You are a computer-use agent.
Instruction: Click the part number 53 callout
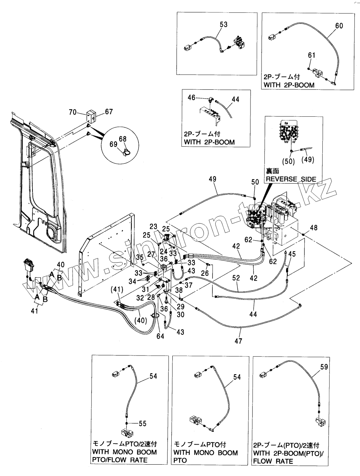pos(224,24)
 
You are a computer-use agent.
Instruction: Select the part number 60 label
pos(339,26)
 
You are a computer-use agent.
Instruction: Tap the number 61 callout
pos(312,55)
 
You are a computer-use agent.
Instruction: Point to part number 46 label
pos(192,98)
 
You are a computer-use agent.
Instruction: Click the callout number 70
pos(73,112)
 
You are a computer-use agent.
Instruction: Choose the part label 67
pos(109,111)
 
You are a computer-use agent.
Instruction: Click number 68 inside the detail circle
pos(123,139)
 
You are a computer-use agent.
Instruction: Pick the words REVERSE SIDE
pos(291,179)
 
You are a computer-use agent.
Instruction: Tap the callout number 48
pos(314,227)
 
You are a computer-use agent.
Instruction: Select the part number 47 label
pos(238,341)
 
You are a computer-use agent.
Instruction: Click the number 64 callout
pos(160,336)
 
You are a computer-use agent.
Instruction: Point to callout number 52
pos(236,278)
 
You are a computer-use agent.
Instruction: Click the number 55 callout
pos(143,424)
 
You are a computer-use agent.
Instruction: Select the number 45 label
pos(292,254)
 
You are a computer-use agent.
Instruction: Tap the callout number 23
pos(153,226)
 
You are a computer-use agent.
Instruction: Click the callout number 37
pos(189,285)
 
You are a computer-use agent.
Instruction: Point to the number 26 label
pos(205,273)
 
